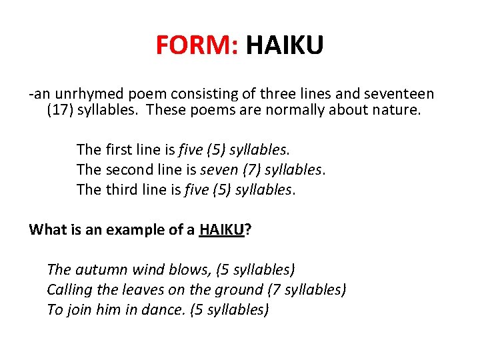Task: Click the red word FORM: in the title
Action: [197, 46]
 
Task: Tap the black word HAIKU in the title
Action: [285, 46]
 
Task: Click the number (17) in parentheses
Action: [60, 109]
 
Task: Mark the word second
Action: [129, 169]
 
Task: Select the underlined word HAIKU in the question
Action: [221, 230]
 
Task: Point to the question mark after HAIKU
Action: [248, 230]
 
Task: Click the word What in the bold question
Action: [45, 230]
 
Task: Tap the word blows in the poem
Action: [189, 270]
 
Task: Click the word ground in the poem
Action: [241, 290]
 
